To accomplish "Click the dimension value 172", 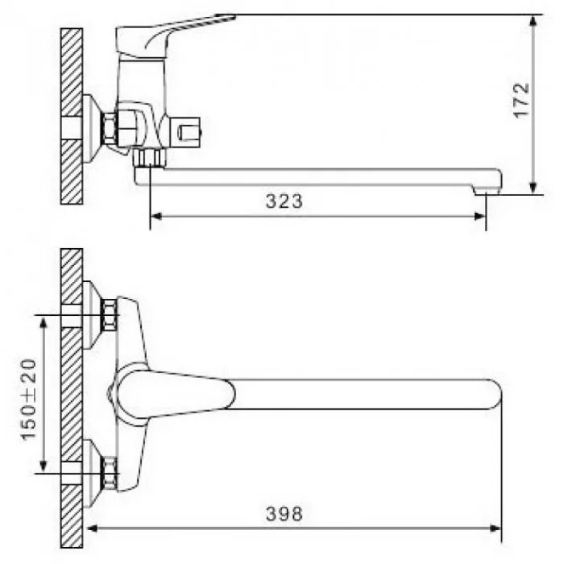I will [520, 100].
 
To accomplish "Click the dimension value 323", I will [284, 201].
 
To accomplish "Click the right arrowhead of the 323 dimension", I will [481, 216].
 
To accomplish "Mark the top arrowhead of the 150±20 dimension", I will [44, 321].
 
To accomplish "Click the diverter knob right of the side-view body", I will [189, 131].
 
